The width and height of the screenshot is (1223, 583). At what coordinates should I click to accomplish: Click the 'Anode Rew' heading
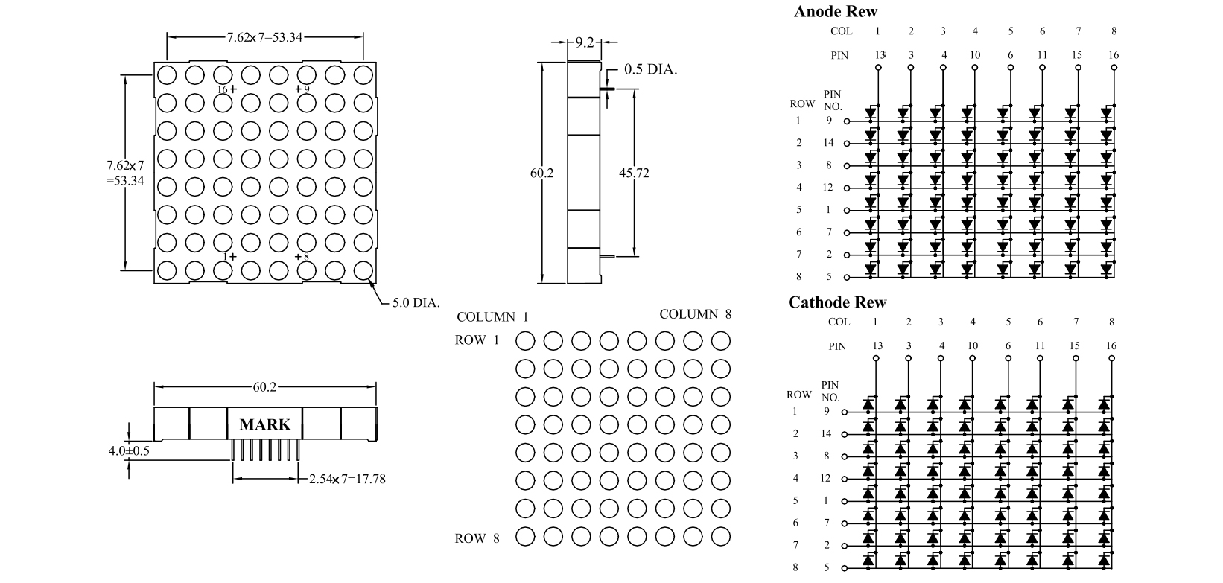(x=835, y=11)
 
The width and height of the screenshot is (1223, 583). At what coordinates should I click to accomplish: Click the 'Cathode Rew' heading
(x=837, y=302)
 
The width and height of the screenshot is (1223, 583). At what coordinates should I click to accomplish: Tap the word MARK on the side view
(x=264, y=424)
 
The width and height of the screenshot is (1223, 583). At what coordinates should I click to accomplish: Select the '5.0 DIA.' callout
(x=416, y=303)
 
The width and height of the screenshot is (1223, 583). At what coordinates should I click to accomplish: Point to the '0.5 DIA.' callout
(x=650, y=69)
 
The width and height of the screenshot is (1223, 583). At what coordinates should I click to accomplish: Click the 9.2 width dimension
(x=585, y=42)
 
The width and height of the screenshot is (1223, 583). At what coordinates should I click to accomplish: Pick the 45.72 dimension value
(x=634, y=173)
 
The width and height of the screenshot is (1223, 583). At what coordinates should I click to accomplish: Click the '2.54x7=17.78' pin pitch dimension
(x=347, y=479)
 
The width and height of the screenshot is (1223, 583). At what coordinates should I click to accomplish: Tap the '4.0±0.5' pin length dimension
(x=129, y=450)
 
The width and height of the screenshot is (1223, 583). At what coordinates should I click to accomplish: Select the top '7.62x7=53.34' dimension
(x=264, y=36)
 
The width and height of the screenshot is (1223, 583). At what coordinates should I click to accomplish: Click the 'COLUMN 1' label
(x=492, y=317)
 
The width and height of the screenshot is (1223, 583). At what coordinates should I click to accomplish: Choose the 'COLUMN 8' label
(x=695, y=314)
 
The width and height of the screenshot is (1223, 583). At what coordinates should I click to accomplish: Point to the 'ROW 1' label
(x=477, y=340)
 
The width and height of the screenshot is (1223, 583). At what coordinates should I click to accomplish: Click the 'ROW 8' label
(x=477, y=538)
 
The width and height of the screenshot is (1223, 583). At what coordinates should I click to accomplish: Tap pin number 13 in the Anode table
(x=880, y=54)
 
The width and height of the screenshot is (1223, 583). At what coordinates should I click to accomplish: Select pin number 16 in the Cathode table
(x=1111, y=345)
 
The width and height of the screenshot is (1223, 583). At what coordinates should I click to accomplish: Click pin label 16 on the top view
(x=222, y=89)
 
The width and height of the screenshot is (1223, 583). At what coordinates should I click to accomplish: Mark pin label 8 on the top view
(x=306, y=257)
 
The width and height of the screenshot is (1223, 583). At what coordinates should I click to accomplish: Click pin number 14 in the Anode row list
(x=828, y=142)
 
